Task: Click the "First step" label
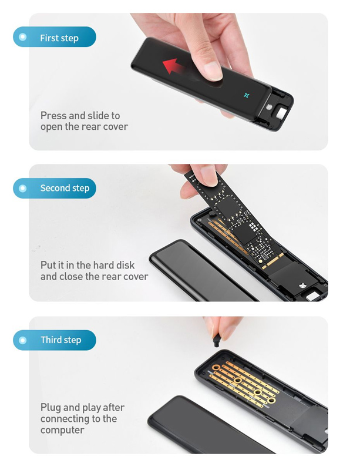[x=59, y=38]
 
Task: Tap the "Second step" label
[x=65, y=188]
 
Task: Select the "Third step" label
[x=61, y=340]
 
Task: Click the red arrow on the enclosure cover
[x=173, y=66]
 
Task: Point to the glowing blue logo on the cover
[x=247, y=96]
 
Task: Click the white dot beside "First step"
[x=22, y=37]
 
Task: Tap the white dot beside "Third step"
[x=22, y=340]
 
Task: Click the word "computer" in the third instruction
[x=62, y=430]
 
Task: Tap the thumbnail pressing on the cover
[x=213, y=71]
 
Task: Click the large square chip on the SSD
[x=228, y=207]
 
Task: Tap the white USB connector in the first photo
[x=281, y=114]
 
